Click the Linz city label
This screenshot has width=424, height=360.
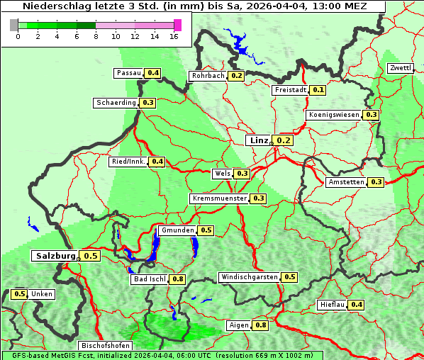tap(258, 140)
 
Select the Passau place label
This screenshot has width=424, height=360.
tap(128, 73)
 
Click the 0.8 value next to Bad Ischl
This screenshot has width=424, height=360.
tap(177, 279)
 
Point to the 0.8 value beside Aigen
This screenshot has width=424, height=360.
tap(260, 325)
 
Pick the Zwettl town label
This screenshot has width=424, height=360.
tap(401, 68)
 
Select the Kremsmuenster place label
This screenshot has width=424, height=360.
tap(219, 198)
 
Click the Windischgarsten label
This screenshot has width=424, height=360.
tap(249, 277)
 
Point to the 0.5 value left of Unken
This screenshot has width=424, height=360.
tap(20, 294)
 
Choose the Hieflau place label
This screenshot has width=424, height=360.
tap(333, 305)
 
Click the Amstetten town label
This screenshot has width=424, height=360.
tap(346, 182)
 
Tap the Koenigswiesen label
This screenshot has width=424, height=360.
tap(334, 115)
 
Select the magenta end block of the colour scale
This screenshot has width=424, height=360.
tap(177, 25)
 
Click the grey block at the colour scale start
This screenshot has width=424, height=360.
tap(14, 25)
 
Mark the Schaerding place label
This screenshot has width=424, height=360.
tap(116, 103)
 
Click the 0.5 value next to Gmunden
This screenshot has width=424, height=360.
tap(206, 230)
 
